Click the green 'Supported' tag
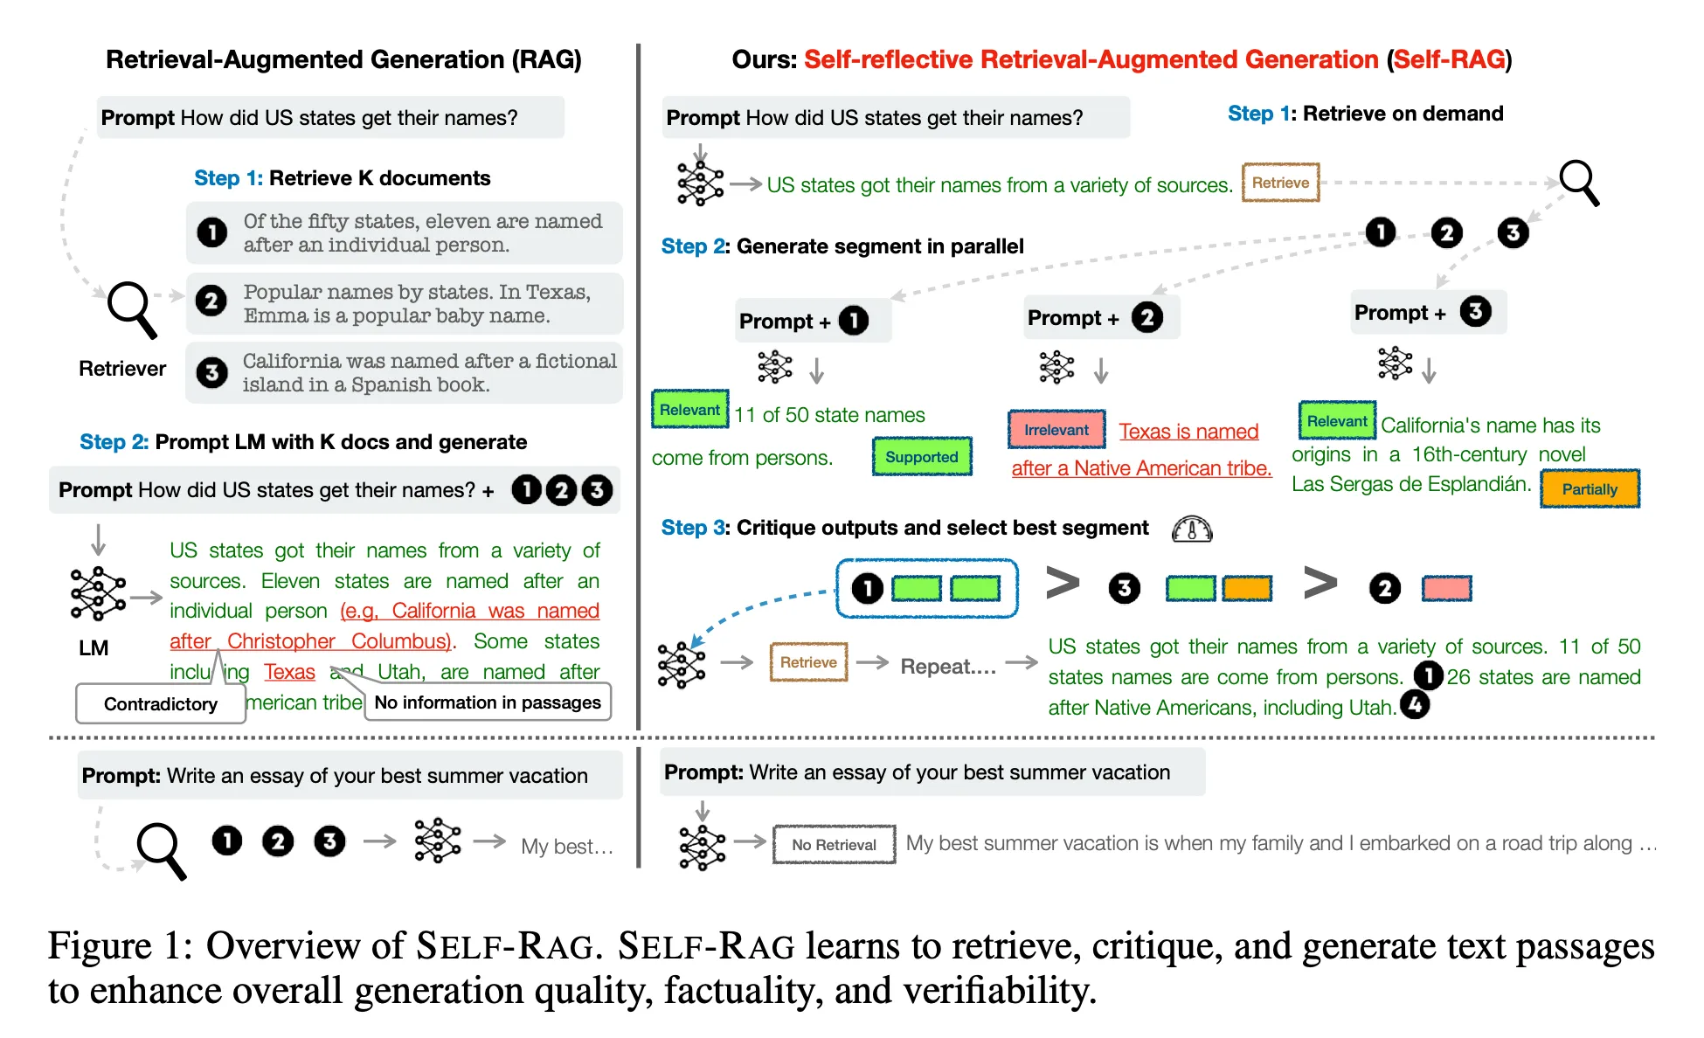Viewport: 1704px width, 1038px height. (x=921, y=457)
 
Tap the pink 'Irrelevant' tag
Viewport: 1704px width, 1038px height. (x=1056, y=430)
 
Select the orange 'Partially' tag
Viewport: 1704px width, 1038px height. (x=1589, y=489)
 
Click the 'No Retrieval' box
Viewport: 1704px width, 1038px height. (x=834, y=845)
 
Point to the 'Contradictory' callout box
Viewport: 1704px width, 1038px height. (x=161, y=704)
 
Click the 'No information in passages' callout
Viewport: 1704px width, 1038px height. (x=487, y=702)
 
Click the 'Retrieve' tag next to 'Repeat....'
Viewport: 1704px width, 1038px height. (x=808, y=662)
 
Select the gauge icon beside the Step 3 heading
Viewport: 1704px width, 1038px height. (x=1192, y=529)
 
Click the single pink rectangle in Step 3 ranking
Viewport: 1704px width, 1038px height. (x=1446, y=588)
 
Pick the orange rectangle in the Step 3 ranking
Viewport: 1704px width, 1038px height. (x=1246, y=588)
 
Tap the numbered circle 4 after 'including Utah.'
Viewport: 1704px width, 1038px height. (x=1414, y=704)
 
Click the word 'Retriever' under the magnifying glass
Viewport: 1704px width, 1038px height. (x=122, y=369)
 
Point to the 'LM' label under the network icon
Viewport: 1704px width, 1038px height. (x=94, y=648)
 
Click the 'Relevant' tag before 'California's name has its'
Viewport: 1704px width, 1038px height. (x=1336, y=421)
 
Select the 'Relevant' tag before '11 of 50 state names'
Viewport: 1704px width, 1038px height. (x=689, y=410)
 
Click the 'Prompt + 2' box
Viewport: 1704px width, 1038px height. (x=1101, y=317)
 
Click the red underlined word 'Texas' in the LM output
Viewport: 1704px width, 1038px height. (x=289, y=672)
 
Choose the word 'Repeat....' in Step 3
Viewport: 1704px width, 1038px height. (x=948, y=667)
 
